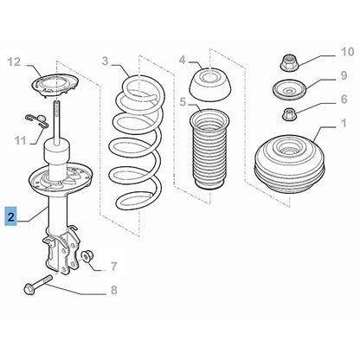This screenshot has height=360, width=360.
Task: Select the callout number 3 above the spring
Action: pyautogui.click(x=106, y=61)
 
